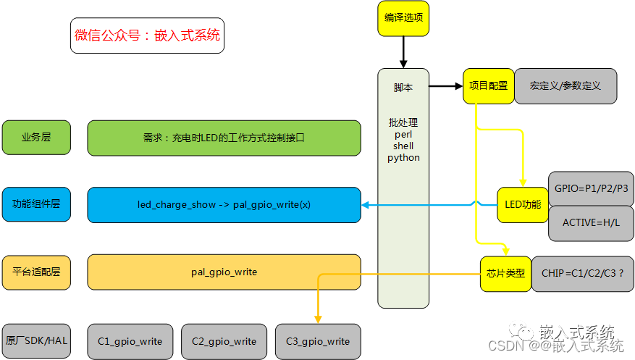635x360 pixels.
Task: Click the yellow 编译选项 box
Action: pyautogui.click(x=403, y=19)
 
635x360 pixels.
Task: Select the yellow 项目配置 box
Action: pyautogui.click(x=488, y=85)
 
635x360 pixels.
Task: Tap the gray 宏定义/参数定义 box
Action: pyautogui.click(x=565, y=85)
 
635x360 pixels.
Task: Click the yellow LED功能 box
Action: pyautogui.click(x=522, y=205)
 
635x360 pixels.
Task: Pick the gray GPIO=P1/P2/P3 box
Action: pyautogui.click(x=591, y=188)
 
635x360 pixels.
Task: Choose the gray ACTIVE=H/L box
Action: pyautogui.click(x=591, y=223)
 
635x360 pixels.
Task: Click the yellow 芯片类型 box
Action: pyautogui.click(x=505, y=274)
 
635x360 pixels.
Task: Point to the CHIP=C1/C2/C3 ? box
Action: pyautogui.click(x=583, y=274)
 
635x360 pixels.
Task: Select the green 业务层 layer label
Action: pyautogui.click(x=36, y=138)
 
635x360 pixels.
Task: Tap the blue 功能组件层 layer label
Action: pyautogui.click(x=36, y=204)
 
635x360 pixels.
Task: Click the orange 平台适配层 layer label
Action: pyautogui.click(x=36, y=272)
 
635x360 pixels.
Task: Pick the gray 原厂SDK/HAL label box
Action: pyautogui.click(x=36, y=341)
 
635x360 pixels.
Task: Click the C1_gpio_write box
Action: pyautogui.click(x=130, y=341)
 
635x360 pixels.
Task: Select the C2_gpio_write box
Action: pyautogui.click(x=224, y=341)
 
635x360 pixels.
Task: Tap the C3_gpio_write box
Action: pyautogui.click(x=317, y=341)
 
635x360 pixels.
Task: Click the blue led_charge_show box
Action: pyautogui.click(x=224, y=205)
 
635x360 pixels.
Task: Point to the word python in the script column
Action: pyautogui.click(x=403, y=157)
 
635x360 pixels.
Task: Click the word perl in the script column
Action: pyautogui.click(x=403, y=135)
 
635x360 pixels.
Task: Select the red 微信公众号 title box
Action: pyautogui.click(x=147, y=35)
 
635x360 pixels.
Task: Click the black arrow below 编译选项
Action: pyautogui.click(x=403, y=52)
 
